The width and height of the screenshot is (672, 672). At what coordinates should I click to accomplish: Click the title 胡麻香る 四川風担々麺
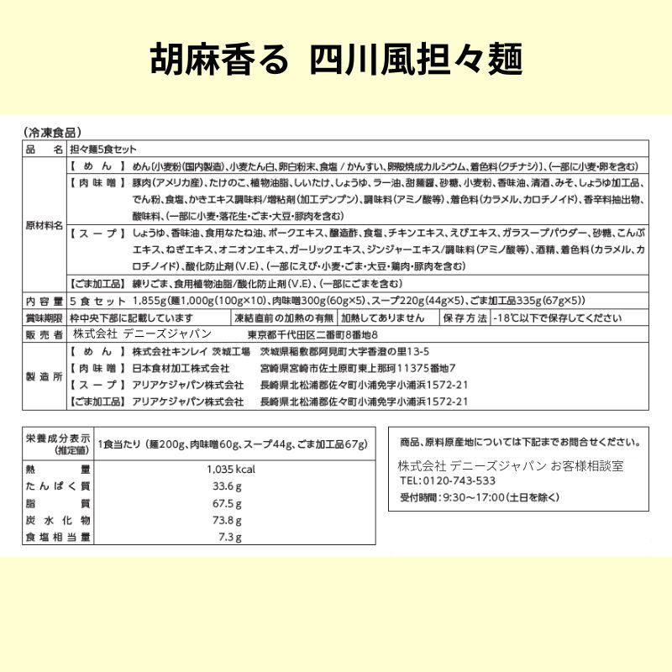click(x=336, y=60)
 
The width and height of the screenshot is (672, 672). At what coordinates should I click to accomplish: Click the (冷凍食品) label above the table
click(x=53, y=132)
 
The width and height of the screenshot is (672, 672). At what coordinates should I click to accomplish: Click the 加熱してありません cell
click(x=386, y=318)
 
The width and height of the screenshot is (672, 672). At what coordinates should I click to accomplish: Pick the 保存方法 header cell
click(x=465, y=318)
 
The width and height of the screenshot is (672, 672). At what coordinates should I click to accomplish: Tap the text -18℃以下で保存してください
click(x=559, y=318)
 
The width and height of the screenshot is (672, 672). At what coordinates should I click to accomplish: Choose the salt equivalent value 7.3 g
click(x=230, y=538)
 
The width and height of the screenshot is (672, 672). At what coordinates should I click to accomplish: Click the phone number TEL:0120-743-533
click(x=447, y=481)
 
